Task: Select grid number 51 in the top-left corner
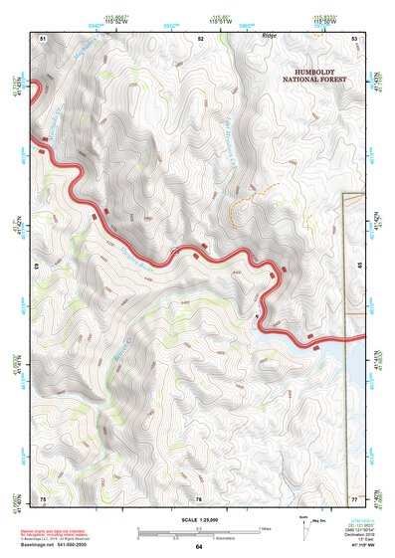[43, 38]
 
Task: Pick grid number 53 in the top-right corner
[355, 38]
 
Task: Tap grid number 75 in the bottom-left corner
[43, 498]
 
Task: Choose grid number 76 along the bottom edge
[198, 498]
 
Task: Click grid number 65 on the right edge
[358, 267]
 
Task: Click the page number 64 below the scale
[198, 547]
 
